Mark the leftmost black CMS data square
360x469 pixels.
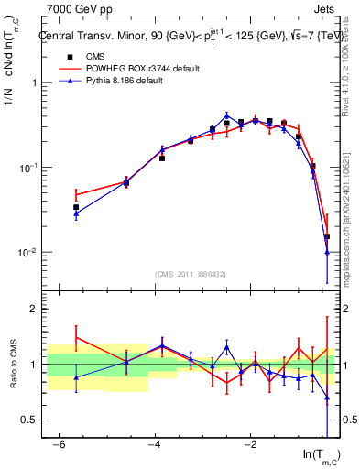tap(76, 207)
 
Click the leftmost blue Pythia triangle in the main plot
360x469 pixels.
tap(76, 214)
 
